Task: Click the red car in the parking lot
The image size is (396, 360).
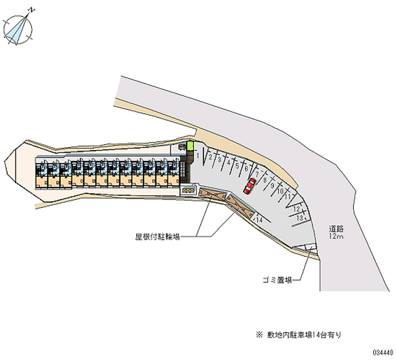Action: pyautogui.click(x=249, y=185)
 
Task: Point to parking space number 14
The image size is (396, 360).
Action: pyautogui.click(x=259, y=219)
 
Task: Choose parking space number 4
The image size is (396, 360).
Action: pyautogui.click(x=228, y=162)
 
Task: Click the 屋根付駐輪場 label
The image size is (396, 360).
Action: pyautogui.click(x=157, y=237)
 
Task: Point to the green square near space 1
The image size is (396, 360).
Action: pyautogui.click(x=189, y=147)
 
